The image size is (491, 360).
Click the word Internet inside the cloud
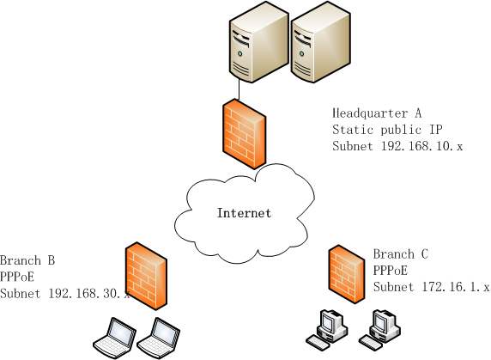coord(245,213)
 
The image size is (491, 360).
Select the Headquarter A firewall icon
coord(245,134)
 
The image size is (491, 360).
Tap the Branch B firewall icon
coord(146,276)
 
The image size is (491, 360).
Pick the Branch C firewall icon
coord(347,274)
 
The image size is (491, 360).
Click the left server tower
coord(259,42)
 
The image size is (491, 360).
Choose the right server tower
coord(321,42)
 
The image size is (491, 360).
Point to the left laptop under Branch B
coord(115,338)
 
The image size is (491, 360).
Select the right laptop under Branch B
coord(159,338)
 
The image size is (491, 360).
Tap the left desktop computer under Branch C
coord(327,330)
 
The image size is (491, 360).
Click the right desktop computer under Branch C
coord(379,330)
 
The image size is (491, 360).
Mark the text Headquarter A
coord(377,113)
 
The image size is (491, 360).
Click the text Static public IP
coord(387,130)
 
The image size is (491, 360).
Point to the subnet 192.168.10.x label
coord(397,146)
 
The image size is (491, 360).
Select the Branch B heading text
coord(27,260)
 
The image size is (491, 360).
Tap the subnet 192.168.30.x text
coord(65,294)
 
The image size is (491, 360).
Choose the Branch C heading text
coord(401,253)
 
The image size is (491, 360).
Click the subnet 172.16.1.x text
coord(431,287)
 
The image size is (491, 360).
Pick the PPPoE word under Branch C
coord(391,271)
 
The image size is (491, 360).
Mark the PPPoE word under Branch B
coord(17,277)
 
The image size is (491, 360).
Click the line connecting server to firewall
coord(239,89)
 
